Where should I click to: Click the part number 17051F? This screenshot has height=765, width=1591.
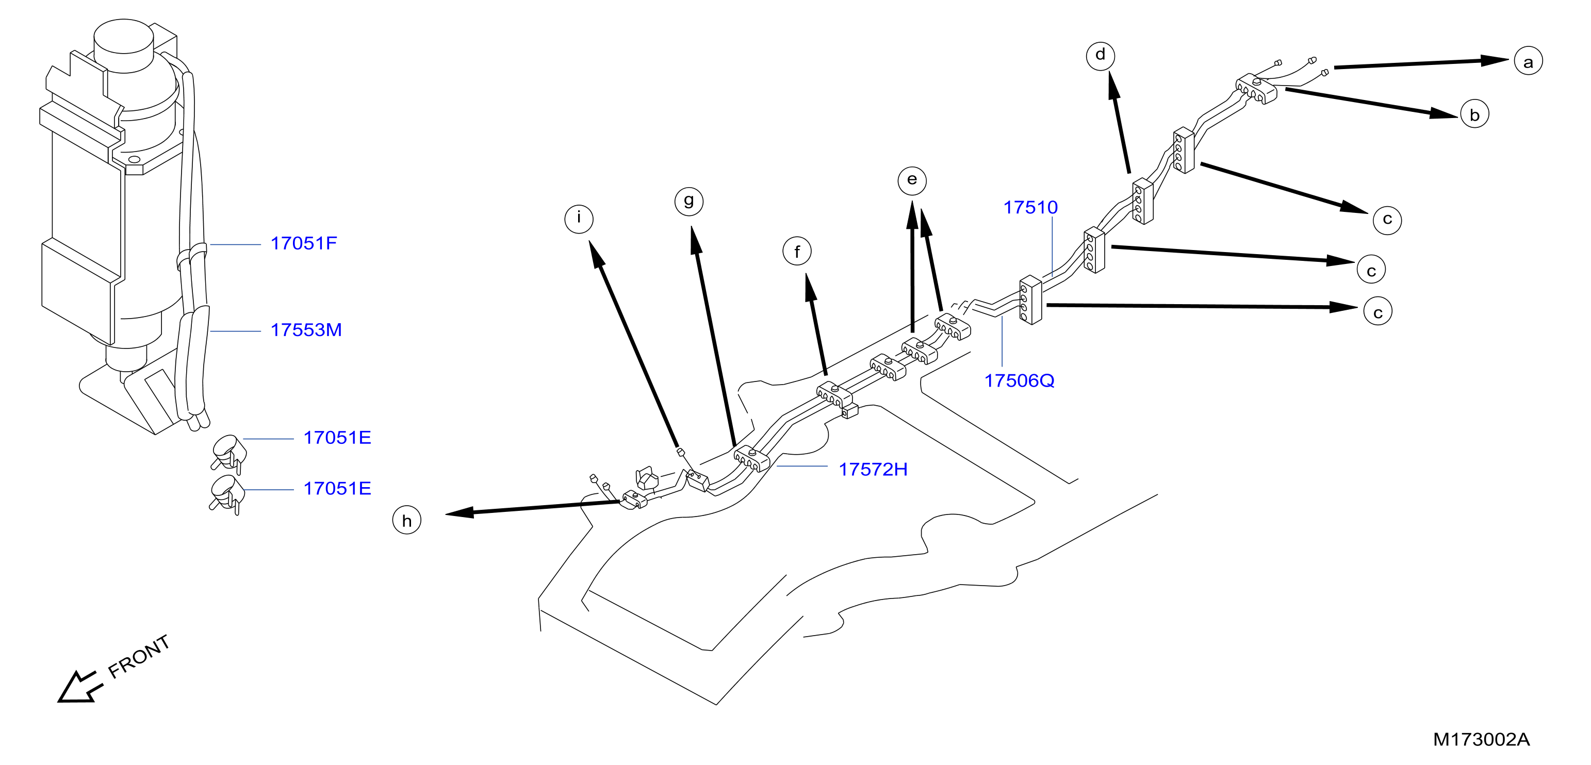[304, 243]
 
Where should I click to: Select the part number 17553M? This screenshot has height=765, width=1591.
[306, 330]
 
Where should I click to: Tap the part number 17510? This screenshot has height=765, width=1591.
[1030, 207]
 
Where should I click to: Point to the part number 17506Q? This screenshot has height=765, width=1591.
[1019, 380]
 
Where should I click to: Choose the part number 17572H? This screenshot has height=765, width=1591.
[873, 469]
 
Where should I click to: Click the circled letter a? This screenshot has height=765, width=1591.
[1528, 61]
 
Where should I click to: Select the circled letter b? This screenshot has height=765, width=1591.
[1474, 114]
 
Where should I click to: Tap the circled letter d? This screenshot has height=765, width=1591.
[1100, 56]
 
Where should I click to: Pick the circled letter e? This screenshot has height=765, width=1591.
[912, 180]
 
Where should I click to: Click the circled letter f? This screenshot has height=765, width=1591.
[797, 251]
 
